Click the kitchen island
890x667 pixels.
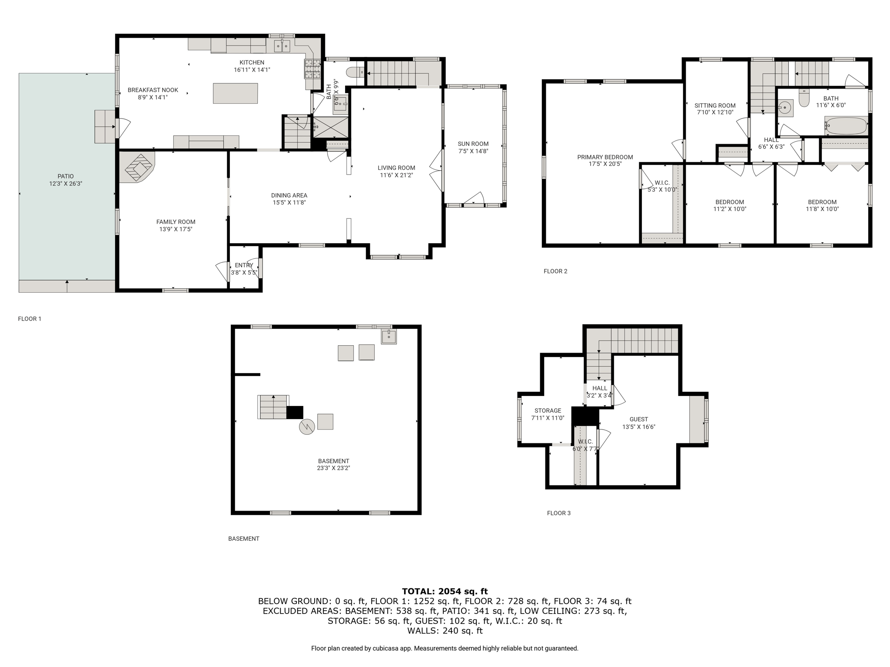(235, 93)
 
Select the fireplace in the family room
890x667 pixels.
(136, 167)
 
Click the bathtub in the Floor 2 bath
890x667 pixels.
(846, 126)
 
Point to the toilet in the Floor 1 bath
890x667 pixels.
(355, 72)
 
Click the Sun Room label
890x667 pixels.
(473, 144)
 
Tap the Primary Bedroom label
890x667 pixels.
(605, 157)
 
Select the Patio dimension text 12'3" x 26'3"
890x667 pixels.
(66, 184)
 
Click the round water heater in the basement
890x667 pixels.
(307, 427)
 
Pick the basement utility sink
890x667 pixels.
(389, 337)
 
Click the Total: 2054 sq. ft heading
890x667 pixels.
(445, 591)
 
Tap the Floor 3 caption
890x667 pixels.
(559, 513)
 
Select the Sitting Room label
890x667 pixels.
(715, 106)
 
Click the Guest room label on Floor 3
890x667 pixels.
(639, 419)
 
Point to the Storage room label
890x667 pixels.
(548, 410)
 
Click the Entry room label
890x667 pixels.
(244, 265)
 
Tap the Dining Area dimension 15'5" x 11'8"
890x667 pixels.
(289, 202)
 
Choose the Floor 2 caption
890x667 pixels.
(555, 271)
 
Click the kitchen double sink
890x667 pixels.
(282, 46)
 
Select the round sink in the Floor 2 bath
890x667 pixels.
(785, 108)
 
